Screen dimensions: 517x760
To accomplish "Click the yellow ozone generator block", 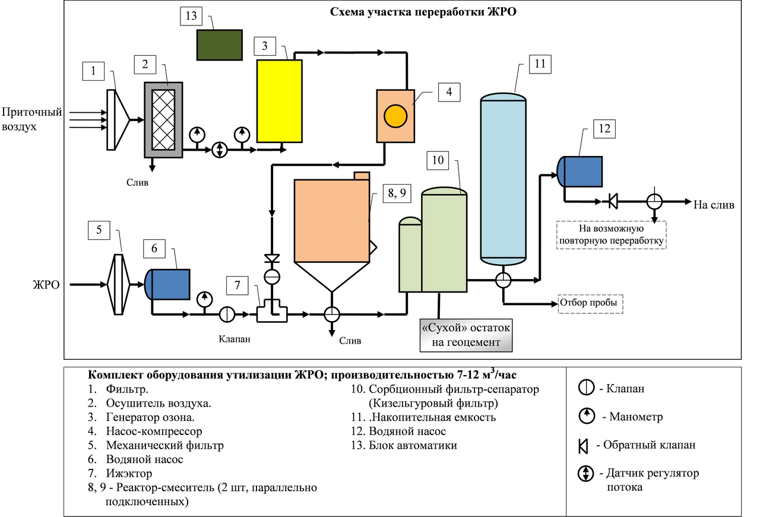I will [x=278, y=101].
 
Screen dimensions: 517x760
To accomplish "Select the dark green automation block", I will [x=220, y=45].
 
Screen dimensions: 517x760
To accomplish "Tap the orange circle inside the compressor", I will [x=394, y=115].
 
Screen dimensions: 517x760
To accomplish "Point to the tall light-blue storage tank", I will [x=503, y=178].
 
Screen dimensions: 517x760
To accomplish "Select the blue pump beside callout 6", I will [x=169, y=284].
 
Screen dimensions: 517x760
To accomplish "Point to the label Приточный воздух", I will [x=23, y=119].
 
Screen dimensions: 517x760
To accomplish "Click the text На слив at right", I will [x=714, y=205].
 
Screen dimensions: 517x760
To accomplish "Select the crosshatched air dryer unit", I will [x=163, y=119].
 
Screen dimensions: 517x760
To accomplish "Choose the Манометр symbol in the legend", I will [x=586, y=417].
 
